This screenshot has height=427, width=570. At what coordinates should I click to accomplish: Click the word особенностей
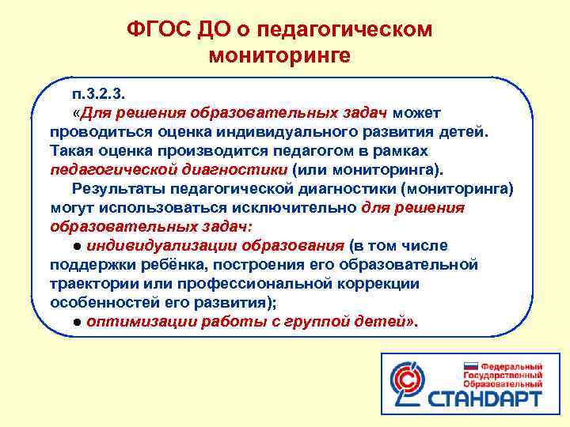point(98,303)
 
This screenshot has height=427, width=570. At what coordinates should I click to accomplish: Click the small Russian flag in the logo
point(470,367)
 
